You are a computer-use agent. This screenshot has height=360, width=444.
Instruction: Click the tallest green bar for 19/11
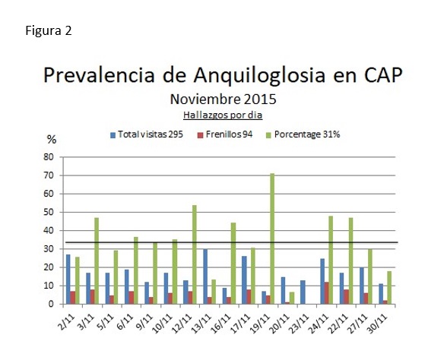click(272, 238)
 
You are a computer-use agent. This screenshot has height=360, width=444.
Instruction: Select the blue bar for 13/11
click(205, 276)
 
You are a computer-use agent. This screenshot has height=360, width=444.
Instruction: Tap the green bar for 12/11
click(195, 254)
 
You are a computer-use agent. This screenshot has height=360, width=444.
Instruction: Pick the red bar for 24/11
click(327, 293)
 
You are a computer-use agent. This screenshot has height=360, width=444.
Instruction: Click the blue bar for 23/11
click(303, 292)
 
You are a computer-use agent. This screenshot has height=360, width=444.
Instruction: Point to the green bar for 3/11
click(97, 261)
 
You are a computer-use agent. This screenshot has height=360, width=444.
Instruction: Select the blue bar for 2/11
click(68, 279)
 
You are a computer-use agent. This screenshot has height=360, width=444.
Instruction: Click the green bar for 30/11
click(389, 288)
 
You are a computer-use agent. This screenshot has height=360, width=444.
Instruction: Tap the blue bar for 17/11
click(244, 280)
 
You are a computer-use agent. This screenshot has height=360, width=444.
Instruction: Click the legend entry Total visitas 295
click(147, 134)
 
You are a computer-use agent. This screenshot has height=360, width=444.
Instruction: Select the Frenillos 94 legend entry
click(225, 134)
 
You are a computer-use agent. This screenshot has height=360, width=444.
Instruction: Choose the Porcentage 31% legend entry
click(303, 134)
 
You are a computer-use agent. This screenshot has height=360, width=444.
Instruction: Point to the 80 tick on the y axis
click(49, 157)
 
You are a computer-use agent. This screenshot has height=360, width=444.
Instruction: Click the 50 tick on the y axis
click(49, 213)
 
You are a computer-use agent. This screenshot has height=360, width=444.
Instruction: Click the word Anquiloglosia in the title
click(259, 75)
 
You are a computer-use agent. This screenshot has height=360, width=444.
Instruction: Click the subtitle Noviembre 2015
click(223, 99)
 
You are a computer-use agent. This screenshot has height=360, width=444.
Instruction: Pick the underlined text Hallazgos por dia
click(223, 115)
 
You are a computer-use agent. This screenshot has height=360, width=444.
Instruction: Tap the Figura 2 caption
click(49, 30)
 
